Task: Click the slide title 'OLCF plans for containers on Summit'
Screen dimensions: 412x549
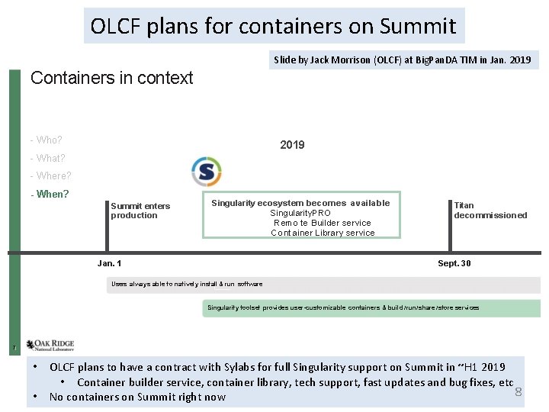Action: click(274, 26)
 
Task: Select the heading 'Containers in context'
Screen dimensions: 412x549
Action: click(111, 78)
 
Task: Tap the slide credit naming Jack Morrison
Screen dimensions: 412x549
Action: click(403, 60)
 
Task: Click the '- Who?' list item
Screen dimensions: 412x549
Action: click(46, 140)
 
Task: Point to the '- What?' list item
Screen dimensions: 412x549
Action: click(47, 158)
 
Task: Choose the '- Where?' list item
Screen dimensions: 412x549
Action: click(50, 175)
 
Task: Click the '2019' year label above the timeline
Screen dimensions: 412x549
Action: click(292, 145)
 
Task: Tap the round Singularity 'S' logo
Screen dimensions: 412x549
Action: click(206, 172)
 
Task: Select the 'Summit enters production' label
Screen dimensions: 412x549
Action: click(140, 211)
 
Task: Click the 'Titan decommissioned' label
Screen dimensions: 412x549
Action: click(490, 211)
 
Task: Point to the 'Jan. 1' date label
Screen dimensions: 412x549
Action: click(110, 263)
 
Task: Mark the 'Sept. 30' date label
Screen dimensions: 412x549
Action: click(454, 263)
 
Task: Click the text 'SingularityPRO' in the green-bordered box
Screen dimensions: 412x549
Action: click(300, 213)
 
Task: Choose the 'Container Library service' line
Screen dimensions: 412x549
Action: click(323, 233)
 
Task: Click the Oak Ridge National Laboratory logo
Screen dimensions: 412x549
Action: click(50, 346)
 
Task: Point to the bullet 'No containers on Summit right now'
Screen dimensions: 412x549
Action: click(137, 397)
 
